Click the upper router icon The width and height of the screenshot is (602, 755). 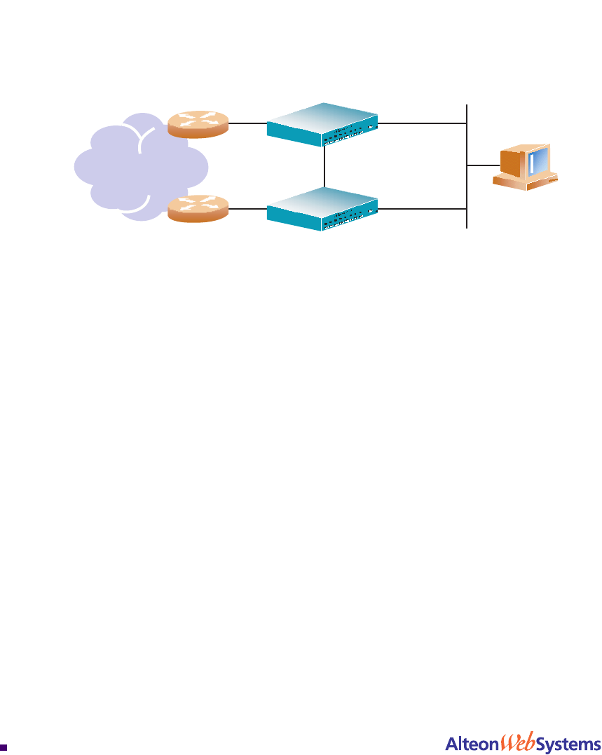tap(198, 125)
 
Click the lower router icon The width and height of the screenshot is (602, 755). tap(198, 209)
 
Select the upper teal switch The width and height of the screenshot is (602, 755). tap(323, 123)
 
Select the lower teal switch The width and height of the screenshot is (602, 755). tap(323, 208)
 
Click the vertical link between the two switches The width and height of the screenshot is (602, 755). tap(325, 167)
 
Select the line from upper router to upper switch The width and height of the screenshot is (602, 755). tap(247, 123)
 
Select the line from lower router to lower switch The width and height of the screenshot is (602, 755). tap(247, 208)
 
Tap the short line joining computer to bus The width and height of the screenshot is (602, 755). tap(483, 165)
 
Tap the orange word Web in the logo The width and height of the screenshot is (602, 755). tap(516, 741)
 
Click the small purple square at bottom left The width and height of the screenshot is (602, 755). tap(4, 747)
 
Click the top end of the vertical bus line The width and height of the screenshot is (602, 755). tap(467, 105)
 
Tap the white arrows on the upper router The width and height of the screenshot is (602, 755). tap(198, 121)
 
